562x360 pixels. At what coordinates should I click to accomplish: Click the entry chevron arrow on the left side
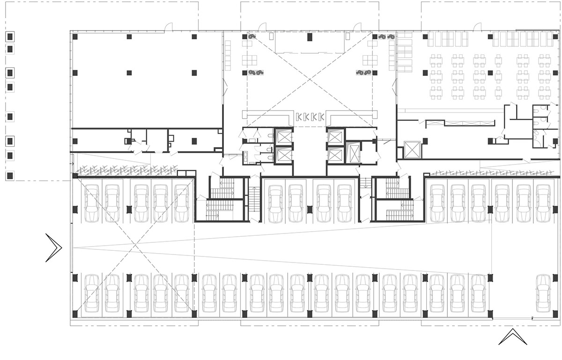(x=54, y=247)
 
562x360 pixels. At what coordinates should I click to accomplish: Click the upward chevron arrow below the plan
(x=510, y=337)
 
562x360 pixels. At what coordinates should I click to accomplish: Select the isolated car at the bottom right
(x=543, y=293)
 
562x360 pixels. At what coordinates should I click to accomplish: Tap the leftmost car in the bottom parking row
(x=91, y=293)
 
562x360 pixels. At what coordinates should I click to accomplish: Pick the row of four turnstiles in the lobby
(x=311, y=117)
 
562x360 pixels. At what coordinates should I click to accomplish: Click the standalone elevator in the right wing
(x=412, y=150)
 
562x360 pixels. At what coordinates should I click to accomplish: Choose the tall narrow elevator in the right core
(x=354, y=153)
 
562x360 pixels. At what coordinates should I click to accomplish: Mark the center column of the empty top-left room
(x=129, y=73)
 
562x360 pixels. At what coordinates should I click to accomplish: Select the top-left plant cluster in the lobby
(x=251, y=36)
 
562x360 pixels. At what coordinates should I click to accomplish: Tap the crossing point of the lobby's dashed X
(x=310, y=79)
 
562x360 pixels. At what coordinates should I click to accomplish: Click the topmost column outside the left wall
(x=10, y=36)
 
